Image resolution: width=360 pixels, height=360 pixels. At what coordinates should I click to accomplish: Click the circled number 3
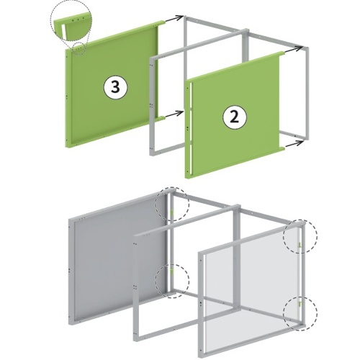pos(115,87)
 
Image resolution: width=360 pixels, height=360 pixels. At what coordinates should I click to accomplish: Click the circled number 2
pos(234,117)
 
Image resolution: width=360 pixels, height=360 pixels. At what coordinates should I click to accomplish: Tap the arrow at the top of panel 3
pos(174,19)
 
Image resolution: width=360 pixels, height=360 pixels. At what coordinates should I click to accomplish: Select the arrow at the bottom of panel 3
pos(174,114)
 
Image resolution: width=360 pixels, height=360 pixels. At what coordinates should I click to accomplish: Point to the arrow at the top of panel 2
pos(294,50)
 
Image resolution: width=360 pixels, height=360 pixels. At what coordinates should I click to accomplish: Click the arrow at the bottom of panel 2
pos(294,144)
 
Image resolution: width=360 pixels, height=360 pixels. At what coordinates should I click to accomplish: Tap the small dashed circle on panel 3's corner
pos(79,49)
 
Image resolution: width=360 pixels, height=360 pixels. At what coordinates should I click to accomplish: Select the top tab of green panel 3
pos(161,22)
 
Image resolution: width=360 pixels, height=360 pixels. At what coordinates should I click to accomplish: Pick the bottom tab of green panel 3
pos(161,118)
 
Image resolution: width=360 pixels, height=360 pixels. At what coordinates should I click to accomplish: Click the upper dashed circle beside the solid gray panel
pos(172,204)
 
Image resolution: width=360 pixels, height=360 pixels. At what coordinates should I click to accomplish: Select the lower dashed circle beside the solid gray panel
pos(172,282)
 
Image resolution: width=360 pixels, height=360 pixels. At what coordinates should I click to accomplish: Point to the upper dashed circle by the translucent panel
pos(300,236)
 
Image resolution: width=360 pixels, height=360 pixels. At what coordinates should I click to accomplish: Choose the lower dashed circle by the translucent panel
pos(300,313)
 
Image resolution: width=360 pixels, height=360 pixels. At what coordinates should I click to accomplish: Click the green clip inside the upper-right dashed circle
pos(300,245)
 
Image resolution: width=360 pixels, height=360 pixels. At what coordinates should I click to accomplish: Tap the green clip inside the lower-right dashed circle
pos(300,305)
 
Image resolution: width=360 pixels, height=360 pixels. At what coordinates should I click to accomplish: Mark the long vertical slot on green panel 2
pos(191,127)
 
